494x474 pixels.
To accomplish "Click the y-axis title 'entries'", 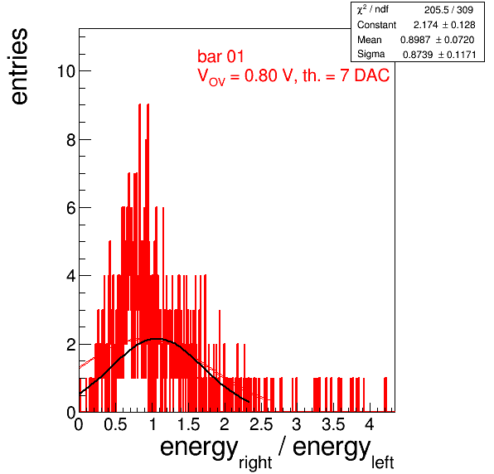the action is point(20,66).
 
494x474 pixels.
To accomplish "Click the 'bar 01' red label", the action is point(220,56).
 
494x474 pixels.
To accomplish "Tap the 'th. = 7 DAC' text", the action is point(346,75).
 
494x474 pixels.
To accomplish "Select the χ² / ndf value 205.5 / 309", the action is point(448,10).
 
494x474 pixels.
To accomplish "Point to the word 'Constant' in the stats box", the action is point(376,25).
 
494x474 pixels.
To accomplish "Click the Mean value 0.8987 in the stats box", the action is point(415,40).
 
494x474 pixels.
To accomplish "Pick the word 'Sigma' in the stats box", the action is point(370,54).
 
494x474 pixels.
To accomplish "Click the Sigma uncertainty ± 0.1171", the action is point(458,55).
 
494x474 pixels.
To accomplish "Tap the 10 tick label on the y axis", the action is point(66,71).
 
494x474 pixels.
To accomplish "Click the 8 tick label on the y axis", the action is point(71,139).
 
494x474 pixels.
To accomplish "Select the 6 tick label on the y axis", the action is point(71,208).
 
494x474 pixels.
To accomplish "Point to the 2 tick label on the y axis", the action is point(71,345).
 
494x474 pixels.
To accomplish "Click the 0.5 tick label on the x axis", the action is point(115,424).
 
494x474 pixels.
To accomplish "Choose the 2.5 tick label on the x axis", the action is point(261,424).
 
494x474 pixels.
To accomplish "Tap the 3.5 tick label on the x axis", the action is point(333,424).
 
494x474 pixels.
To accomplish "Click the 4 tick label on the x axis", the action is point(370,424).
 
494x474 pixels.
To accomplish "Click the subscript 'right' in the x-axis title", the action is point(255,462).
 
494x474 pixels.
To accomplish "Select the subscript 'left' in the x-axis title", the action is point(383,462).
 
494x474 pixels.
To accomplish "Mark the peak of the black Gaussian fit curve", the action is point(156,339).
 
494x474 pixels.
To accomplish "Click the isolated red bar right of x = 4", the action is point(385,394).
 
